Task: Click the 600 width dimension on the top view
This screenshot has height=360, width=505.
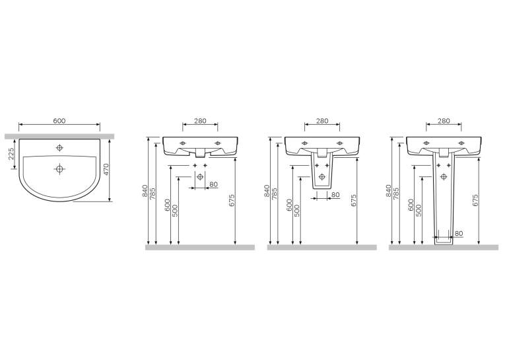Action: (59, 121)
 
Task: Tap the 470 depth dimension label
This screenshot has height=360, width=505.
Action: (106, 169)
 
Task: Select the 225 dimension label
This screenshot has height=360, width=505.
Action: (11, 154)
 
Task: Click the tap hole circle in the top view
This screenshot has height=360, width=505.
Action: (59, 148)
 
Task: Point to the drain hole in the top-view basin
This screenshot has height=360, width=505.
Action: (59, 168)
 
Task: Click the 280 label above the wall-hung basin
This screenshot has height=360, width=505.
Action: (200, 121)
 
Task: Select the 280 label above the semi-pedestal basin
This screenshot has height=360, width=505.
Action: (322, 121)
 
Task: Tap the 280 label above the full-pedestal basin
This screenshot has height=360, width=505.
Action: (444, 121)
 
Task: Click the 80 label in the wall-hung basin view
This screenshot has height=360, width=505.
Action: (213, 185)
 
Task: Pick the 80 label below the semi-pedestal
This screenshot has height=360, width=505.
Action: (335, 195)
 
